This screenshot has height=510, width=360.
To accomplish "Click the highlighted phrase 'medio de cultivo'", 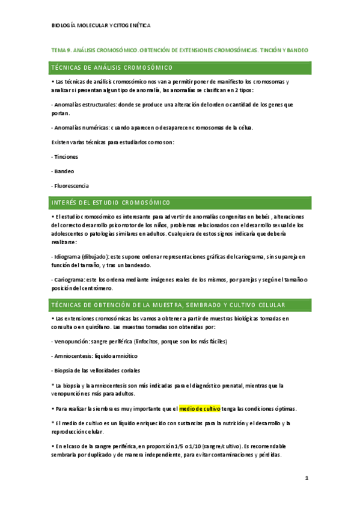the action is (200, 408).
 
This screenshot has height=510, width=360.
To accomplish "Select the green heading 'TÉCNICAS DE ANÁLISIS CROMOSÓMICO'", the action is (112, 67).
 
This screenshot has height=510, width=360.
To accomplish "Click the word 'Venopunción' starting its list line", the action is (72, 341).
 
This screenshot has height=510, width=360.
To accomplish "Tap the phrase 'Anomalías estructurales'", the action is (84, 104).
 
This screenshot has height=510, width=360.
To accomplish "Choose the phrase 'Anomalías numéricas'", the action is (81, 127).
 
